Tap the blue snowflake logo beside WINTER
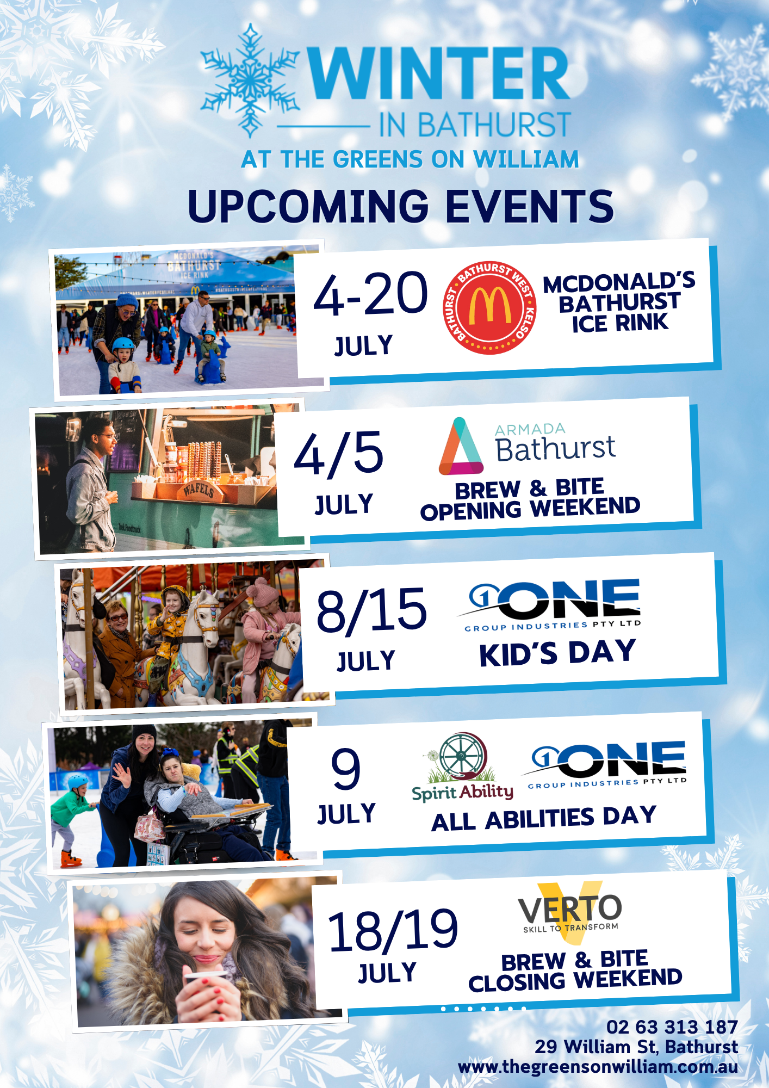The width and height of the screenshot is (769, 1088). click(x=250, y=80)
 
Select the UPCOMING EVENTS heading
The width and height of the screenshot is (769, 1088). click(x=401, y=206)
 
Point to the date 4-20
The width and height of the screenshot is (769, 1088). click(x=371, y=294)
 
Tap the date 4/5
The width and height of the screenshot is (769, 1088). click(x=339, y=453)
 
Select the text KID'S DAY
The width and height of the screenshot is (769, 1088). click(x=557, y=653)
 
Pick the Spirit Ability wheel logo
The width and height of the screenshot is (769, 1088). click(x=462, y=767)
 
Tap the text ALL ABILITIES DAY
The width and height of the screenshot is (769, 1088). click(x=544, y=819)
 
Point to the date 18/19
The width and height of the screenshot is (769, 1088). click(x=393, y=931)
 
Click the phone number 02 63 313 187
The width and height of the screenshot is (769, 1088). click(x=672, y=1027)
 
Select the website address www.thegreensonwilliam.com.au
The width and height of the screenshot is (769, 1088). click(x=598, y=1067)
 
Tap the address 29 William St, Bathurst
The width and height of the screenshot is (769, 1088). click(x=636, y=1047)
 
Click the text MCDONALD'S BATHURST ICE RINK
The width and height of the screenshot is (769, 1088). click(x=619, y=302)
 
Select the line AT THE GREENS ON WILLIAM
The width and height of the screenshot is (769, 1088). click(x=410, y=159)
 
